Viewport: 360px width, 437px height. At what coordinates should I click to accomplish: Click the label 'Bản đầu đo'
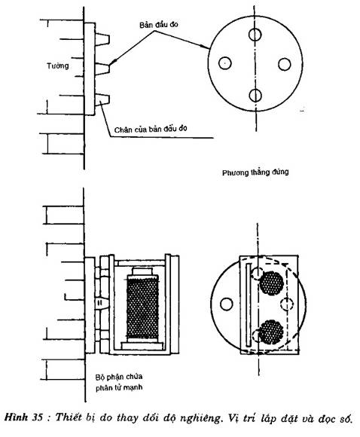pyautogui.click(x=159, y=25)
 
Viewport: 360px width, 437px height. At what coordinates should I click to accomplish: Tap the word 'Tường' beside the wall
pyautogui.click(x=58, y=66)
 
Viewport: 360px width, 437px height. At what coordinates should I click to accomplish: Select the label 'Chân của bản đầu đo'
pyautogui.click(x=151, y=130)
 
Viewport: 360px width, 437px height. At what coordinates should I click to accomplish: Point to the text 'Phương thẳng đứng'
pyautogui.click(x=255, y=173)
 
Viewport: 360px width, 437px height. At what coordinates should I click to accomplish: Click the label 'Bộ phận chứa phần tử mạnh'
pyautogui.click(x=119, y=382)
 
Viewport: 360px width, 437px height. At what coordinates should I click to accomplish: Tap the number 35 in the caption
pyautogui.click(x=37, y=417)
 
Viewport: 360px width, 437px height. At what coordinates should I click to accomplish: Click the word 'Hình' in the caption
pyautogui.click(x=17, y=417)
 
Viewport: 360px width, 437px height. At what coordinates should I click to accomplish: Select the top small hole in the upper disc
pyautogui.click(x=255, y=35)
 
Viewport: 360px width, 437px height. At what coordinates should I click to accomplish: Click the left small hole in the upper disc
pyautogui.click(x=225, y=63)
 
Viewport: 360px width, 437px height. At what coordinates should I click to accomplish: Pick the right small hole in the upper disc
pyautogui.click(x=284, y=64)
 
